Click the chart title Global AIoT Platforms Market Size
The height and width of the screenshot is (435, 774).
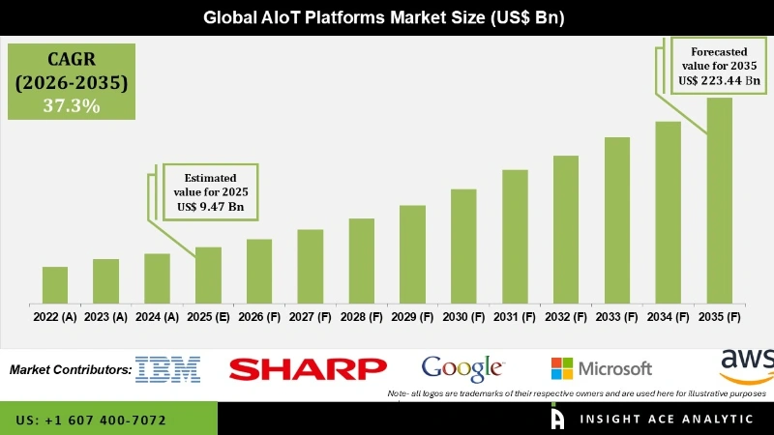(x=387, y=17)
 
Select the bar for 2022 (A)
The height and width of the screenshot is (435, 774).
(x=55, y=284)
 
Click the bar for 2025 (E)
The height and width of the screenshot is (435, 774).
(x=208, y=275)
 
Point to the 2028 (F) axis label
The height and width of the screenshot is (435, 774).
(x=362, y=316)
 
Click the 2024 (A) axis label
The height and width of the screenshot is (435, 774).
(x=157, y=316)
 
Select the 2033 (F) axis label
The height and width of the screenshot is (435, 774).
(x=617, y=316)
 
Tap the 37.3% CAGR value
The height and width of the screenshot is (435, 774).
(x=72, y=105)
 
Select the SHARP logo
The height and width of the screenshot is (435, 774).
(x=308, y=368)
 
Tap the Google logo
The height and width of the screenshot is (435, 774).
(x=463, y=368)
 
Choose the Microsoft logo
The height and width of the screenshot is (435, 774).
(x=602, y=368)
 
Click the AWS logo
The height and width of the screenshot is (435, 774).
(x=747, y=364)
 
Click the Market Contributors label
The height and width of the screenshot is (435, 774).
(x=70, y=369)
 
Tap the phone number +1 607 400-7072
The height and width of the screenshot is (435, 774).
(x=91, y=420)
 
